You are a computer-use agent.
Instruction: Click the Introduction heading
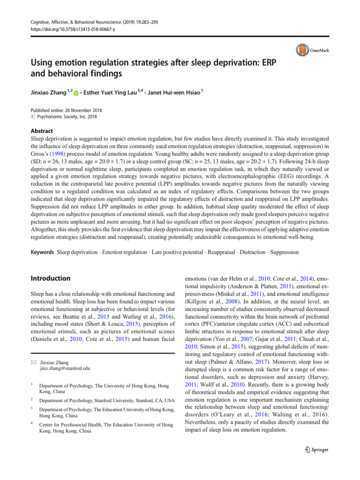point(50,278)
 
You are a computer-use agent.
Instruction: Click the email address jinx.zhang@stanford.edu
point(64,368)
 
